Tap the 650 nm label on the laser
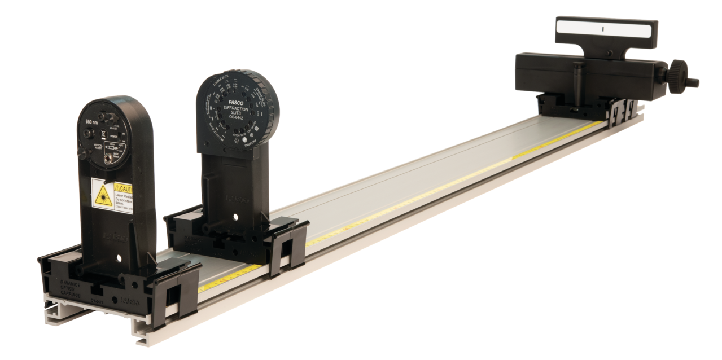[x=92, y=121]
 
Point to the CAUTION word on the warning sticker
[x=124, y=186]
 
